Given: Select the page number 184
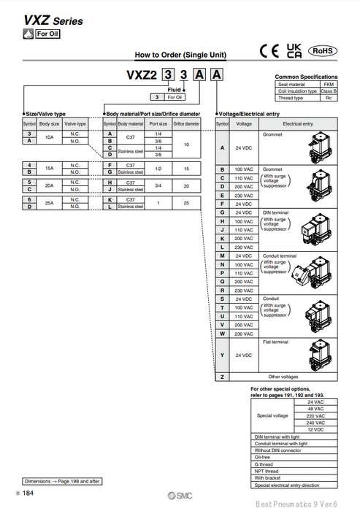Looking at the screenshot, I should (x=28, y=495).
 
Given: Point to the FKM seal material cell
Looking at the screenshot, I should (x=329, y=85).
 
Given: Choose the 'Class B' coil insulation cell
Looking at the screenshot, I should (x=329, y=91).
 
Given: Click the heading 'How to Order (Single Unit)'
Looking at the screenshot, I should (x=180, y=55).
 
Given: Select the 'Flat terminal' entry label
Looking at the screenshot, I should (x=275, y=342).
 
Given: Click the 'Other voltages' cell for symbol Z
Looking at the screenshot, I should (x=283, y=377).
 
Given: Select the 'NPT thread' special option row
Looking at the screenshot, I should (x=266, y=471).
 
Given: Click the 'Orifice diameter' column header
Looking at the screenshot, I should (x=187, y=124).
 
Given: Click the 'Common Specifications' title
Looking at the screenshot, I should (x=306, y=77).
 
